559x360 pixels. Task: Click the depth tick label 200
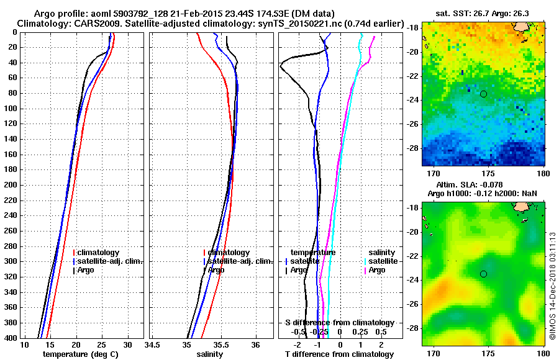(11, 185)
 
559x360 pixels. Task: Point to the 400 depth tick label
(11, 338)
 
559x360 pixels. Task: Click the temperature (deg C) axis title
(80, 354)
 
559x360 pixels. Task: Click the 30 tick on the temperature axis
(127, 344)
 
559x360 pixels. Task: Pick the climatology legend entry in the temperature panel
(97, 253)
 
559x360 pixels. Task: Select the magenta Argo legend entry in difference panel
(376, 270)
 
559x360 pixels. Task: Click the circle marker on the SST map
(483, 94)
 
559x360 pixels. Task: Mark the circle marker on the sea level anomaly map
(483, 274)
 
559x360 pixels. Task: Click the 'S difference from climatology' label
(339, 323)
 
